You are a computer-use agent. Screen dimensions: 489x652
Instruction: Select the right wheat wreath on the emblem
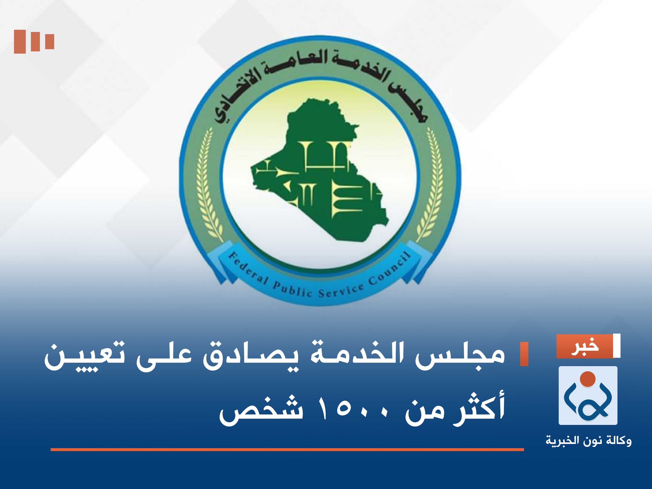[x=430, y=183]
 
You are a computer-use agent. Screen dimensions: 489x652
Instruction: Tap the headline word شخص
[x=261, y=411]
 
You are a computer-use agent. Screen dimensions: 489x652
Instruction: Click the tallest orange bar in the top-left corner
[x=20, y=42]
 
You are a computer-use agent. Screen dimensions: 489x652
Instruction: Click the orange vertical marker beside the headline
[x=524, y=354]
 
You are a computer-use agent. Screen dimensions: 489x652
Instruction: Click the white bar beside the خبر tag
[x=616, y=346]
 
